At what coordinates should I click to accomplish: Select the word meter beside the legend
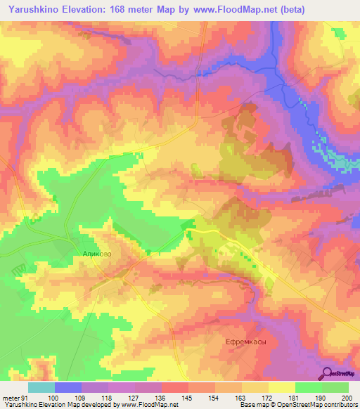(11, 397)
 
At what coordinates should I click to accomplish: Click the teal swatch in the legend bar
(41, 387)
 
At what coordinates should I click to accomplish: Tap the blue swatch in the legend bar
(68, 387)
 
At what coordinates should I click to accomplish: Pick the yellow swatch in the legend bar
(282, 387)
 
